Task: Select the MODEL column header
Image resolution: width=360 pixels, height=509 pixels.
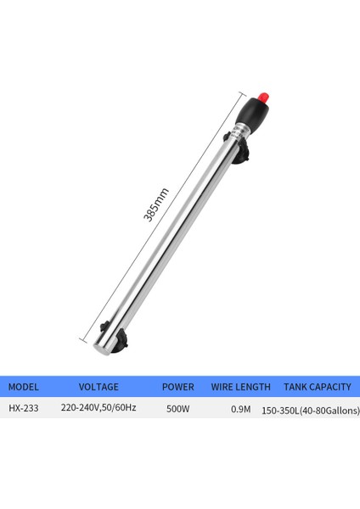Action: click(x=24, y=387)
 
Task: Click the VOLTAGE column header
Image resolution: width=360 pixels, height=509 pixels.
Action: click(x=98, y=387)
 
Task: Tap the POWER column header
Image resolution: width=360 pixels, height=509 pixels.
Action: click(x=177, y=387)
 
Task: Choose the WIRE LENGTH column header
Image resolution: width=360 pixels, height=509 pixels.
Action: click(x=241, y=387)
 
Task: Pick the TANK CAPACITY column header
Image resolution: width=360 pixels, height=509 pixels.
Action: click(x=317, y=387)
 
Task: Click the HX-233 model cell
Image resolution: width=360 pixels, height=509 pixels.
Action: click(x=23, y=408)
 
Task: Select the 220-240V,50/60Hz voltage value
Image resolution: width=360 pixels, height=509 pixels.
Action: click(x=97, y=407)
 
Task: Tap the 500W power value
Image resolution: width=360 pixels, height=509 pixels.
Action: click(x=177, y=408)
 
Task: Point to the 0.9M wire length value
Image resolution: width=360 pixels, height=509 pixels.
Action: click(x=241, y=409)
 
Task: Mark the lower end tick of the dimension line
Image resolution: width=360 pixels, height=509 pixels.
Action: click(x=85, y=338)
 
